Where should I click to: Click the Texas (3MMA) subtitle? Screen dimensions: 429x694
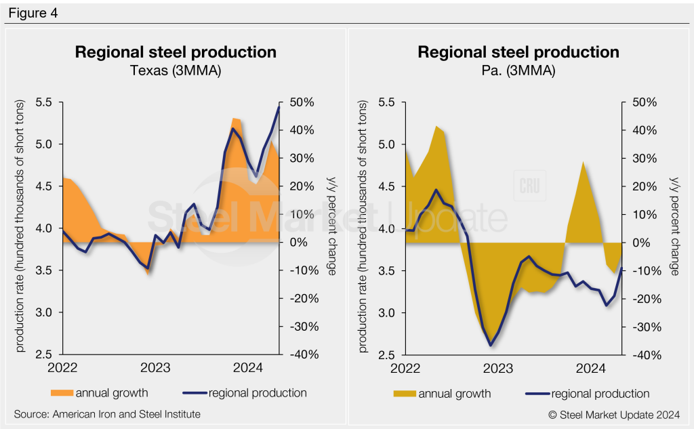click(176, 70)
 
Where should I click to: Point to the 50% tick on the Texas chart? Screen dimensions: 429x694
click(300, 102)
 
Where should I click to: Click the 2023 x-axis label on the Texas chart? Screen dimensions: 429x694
click(155, 367)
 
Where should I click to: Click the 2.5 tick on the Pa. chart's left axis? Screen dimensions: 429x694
click(387, 354)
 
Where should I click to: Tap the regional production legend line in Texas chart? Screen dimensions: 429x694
click(196, 393)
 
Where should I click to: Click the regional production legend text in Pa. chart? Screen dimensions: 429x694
click(600, 393)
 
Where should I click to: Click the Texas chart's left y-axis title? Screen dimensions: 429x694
click(20, 228)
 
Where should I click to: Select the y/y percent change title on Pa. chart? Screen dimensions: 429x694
click(674, 228)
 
